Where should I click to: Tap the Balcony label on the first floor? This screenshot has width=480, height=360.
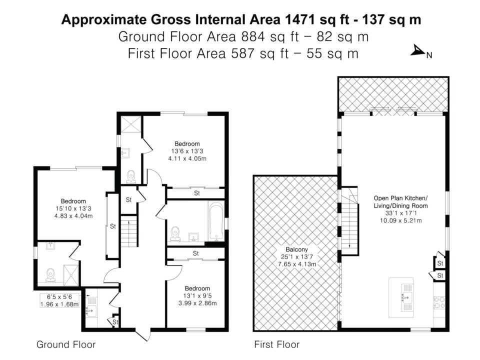(296, 249)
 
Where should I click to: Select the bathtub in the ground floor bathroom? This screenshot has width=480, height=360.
(216, 221)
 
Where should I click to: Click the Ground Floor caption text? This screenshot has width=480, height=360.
(66, 344)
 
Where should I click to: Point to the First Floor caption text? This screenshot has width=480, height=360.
(276, 344)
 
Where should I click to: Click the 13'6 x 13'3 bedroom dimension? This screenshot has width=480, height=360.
(187, 151)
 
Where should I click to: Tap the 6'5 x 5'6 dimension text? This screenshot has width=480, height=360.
(59, 297)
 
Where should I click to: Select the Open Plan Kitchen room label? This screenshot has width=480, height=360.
(400, 198)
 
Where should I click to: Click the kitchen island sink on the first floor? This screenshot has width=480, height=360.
(406, 297)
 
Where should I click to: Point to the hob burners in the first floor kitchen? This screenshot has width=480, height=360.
(439, 302)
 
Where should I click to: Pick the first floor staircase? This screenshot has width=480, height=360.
(349, 221)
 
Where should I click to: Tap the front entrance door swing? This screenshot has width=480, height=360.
(143, 335)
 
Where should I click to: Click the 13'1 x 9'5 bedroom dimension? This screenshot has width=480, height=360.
(197, 296)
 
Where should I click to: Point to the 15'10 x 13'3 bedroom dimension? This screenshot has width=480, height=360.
(73, 209)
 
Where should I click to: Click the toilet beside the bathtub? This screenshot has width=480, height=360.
(175, 234)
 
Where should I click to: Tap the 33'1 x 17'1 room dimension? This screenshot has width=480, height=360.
(400, 213)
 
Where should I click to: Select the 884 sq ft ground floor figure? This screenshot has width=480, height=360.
(269, 36)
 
